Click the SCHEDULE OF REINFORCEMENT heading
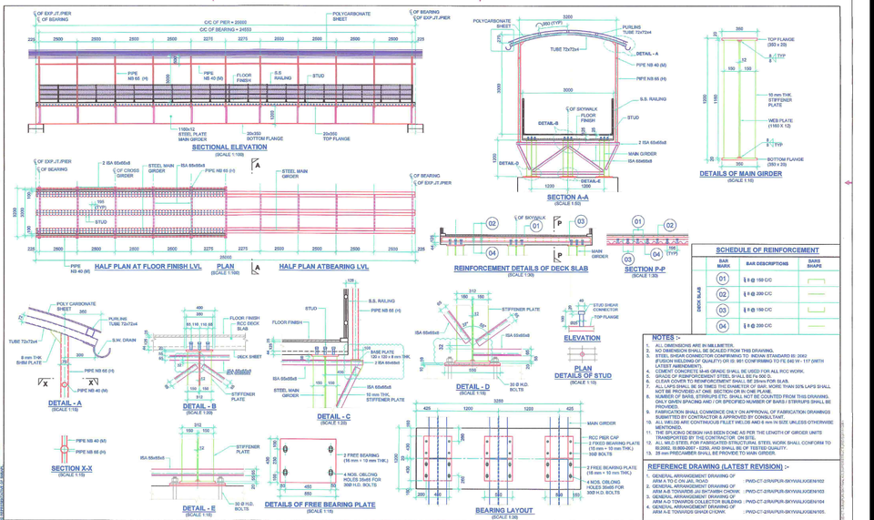[x=767, y=250]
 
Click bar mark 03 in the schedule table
[x=722, y=310]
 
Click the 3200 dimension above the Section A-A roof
[x=567, y=16]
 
